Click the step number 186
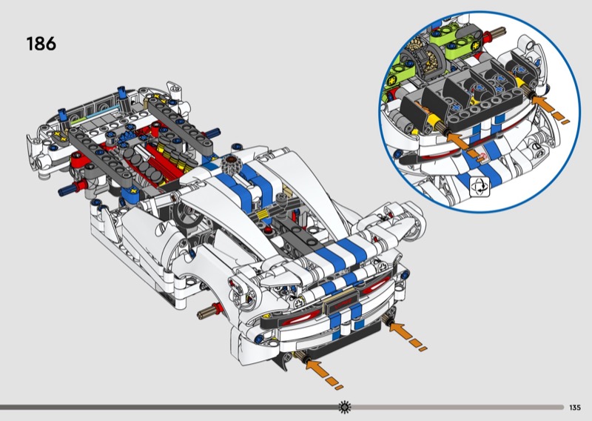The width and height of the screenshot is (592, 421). pos(41,44)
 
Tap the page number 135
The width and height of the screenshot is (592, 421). pos(575,408)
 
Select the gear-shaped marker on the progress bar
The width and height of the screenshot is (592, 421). pos(344,407)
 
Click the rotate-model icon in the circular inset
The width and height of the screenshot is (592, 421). pos(480,187)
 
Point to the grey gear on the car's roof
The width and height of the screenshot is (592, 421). pos(229,165)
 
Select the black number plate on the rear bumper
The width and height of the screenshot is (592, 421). pos(341,303)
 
